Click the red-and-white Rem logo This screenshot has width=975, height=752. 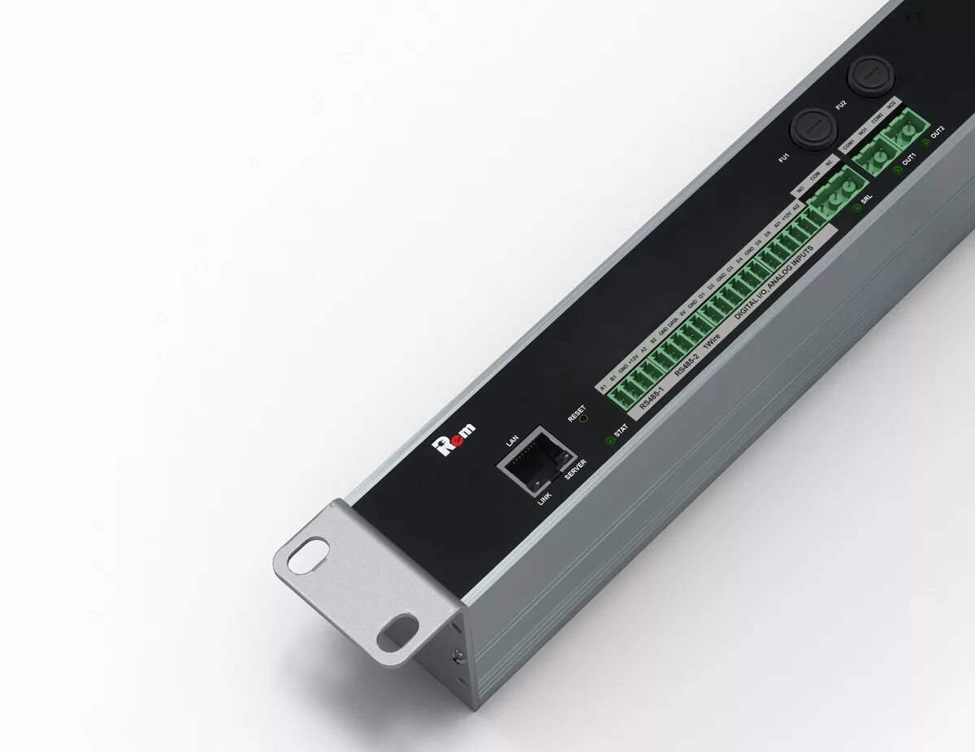click(455, 439)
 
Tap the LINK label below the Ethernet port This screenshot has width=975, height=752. click(544, 497)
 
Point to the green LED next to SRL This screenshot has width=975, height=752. click(856, 209)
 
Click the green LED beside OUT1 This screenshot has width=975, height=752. click(897, 170)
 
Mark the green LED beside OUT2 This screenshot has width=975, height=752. click(925, 144)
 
